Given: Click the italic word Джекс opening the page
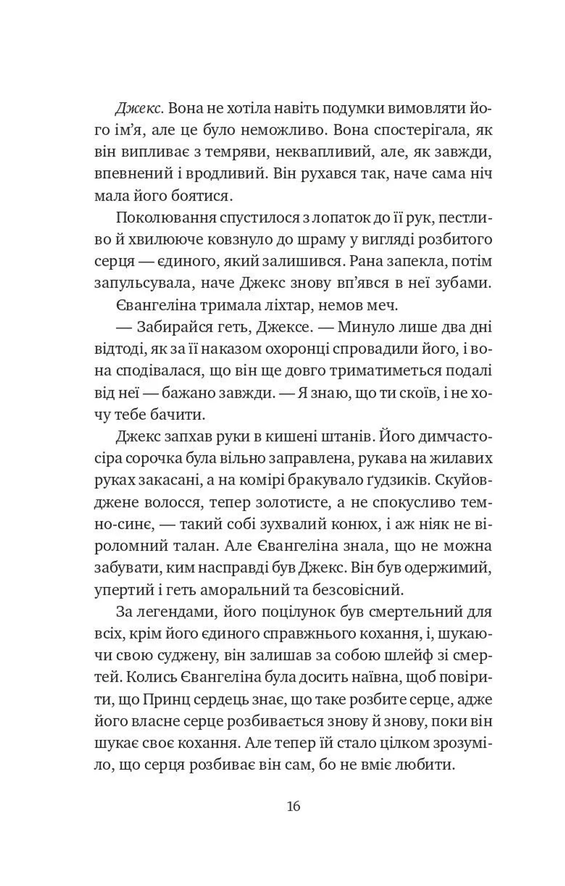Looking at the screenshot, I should [138, 109].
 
